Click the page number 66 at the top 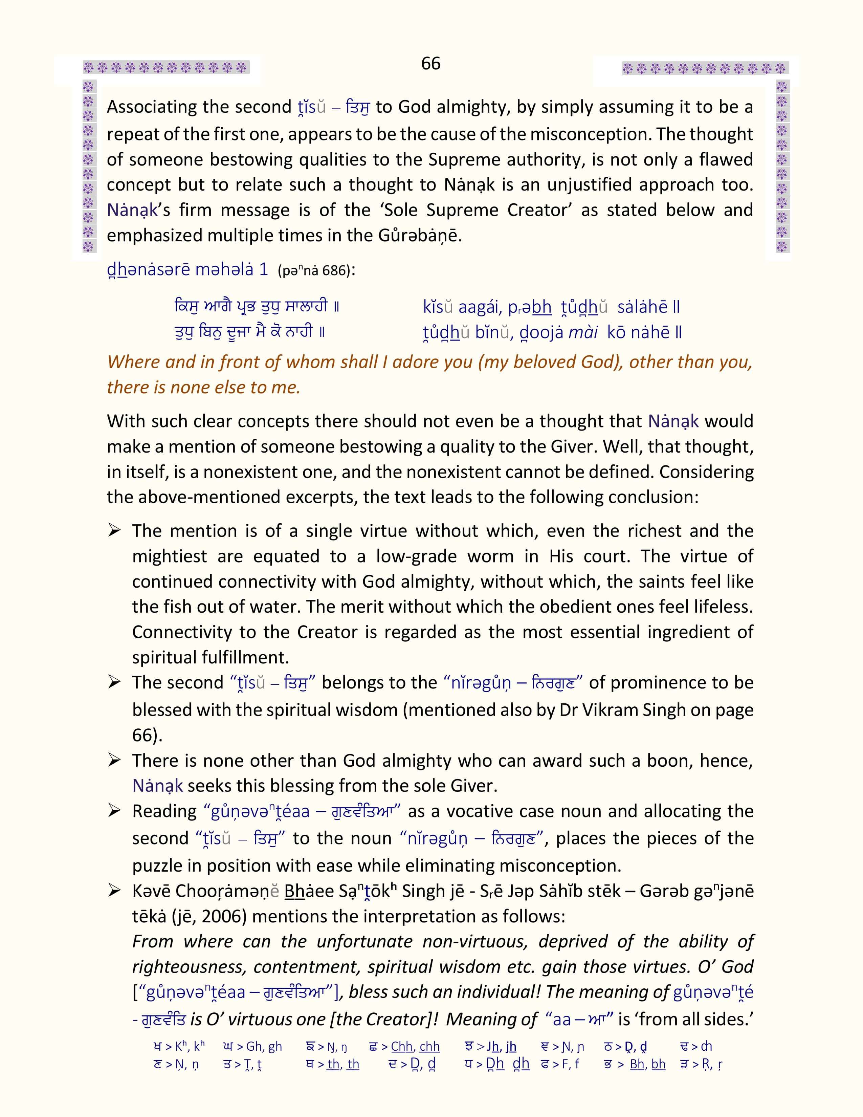click(430, 63)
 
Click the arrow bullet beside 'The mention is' click(114, 531)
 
